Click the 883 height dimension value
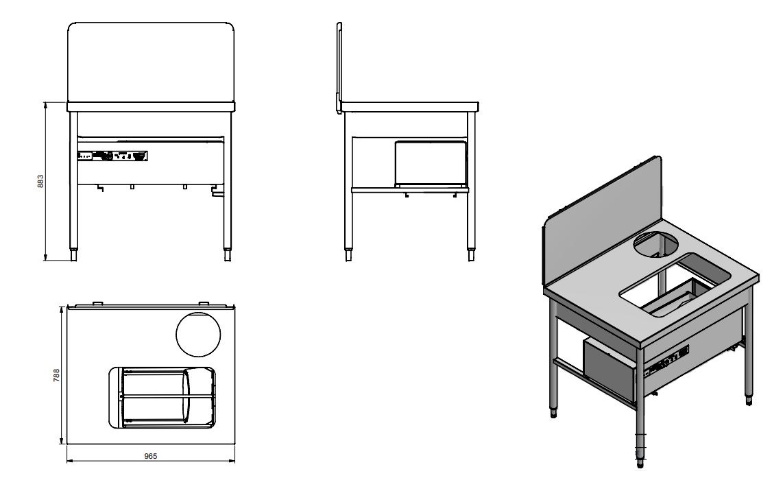[40, 181]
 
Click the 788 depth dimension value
[57, 375]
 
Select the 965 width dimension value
[151, 456]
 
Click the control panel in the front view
[112, 156]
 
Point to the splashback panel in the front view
[152, 62]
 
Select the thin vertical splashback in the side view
[339, 65]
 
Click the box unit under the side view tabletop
[431, 163]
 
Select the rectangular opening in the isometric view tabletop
[675, 285]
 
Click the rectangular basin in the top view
[162, 398]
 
